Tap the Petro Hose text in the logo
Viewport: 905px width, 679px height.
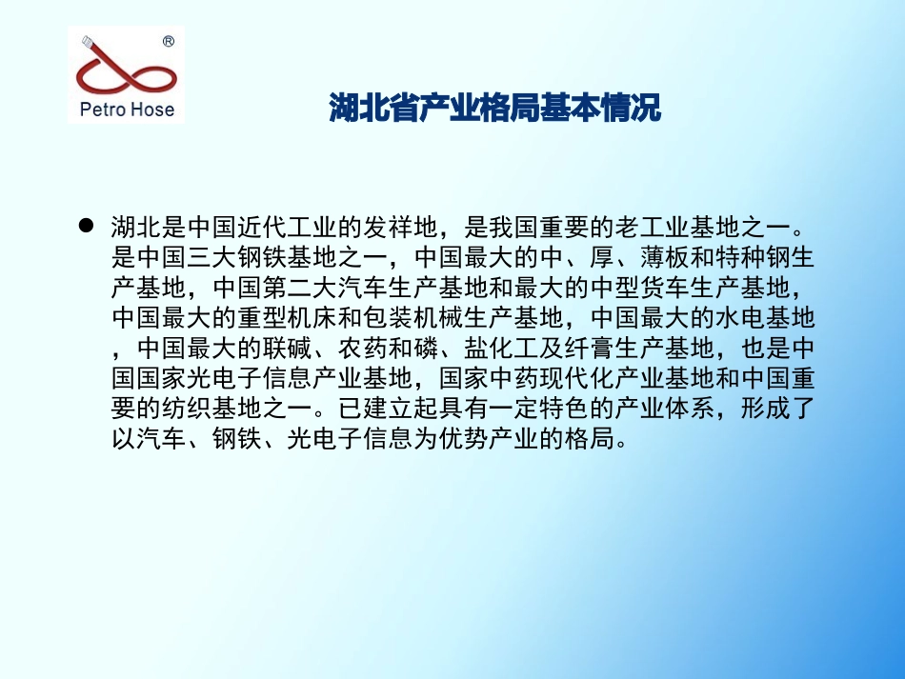127,110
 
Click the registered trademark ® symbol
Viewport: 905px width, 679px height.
168,41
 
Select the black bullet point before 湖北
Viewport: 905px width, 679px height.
85,227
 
